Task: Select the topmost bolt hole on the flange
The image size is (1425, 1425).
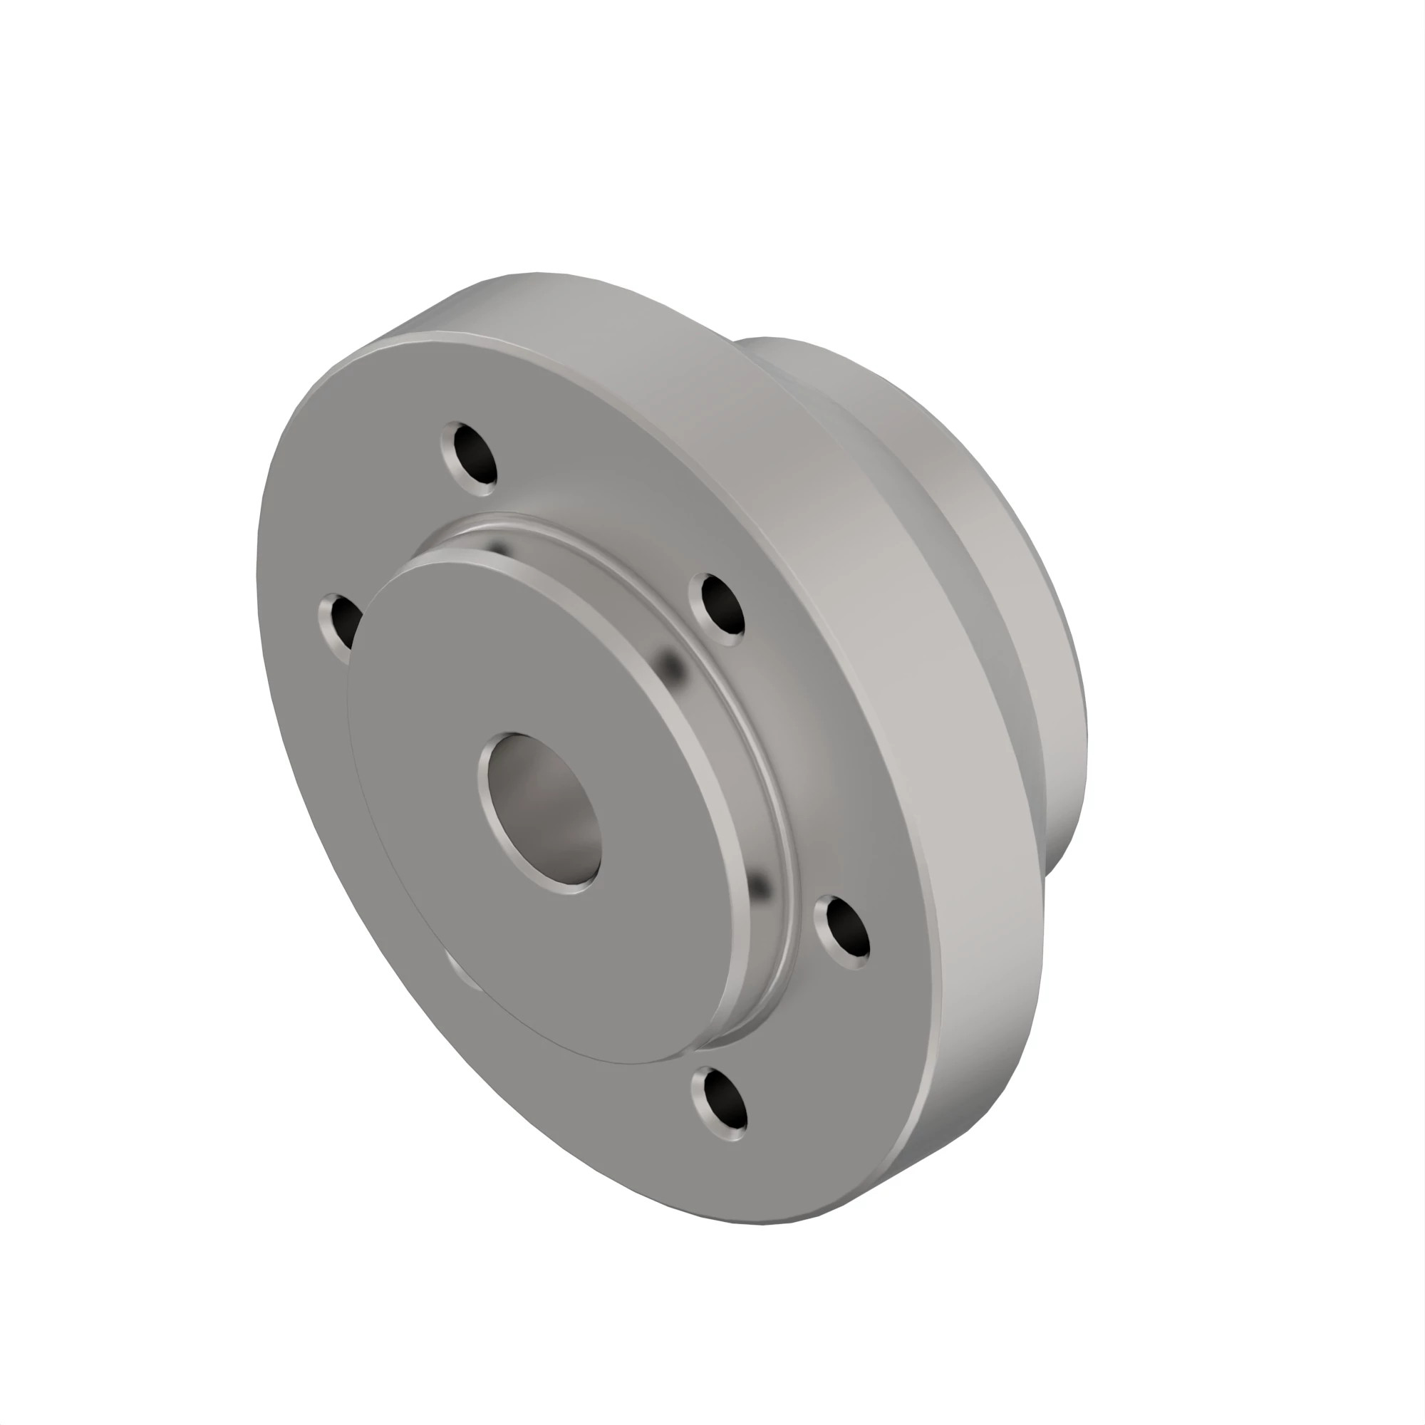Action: [x=470, y=455]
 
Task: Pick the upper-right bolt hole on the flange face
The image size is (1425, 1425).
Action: [x=720, y=603]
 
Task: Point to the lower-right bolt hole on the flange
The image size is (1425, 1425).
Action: [x=842, y=931]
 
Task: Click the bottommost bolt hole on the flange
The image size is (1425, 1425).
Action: [x=720, y=1104]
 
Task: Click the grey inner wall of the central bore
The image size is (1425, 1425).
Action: [x=561, y=812]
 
